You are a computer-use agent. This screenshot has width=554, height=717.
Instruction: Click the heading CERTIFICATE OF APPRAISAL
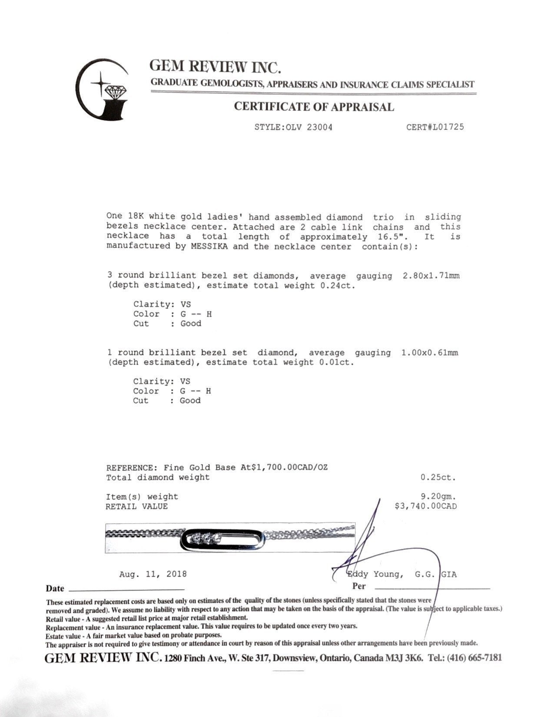click(314, 107)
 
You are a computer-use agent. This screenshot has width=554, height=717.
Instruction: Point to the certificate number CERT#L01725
click(435, 127)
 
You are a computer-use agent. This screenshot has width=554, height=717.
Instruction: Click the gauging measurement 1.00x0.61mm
click(429, 352)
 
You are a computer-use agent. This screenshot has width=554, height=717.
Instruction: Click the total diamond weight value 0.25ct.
click(438, 477)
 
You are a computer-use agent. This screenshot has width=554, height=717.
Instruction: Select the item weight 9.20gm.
click(438, 496)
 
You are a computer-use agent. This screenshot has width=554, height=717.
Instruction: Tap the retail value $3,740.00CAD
click(425, 506)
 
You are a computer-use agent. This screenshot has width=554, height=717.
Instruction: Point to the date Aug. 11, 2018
click(153, 574)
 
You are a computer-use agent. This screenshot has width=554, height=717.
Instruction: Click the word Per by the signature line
click(359, 586)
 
